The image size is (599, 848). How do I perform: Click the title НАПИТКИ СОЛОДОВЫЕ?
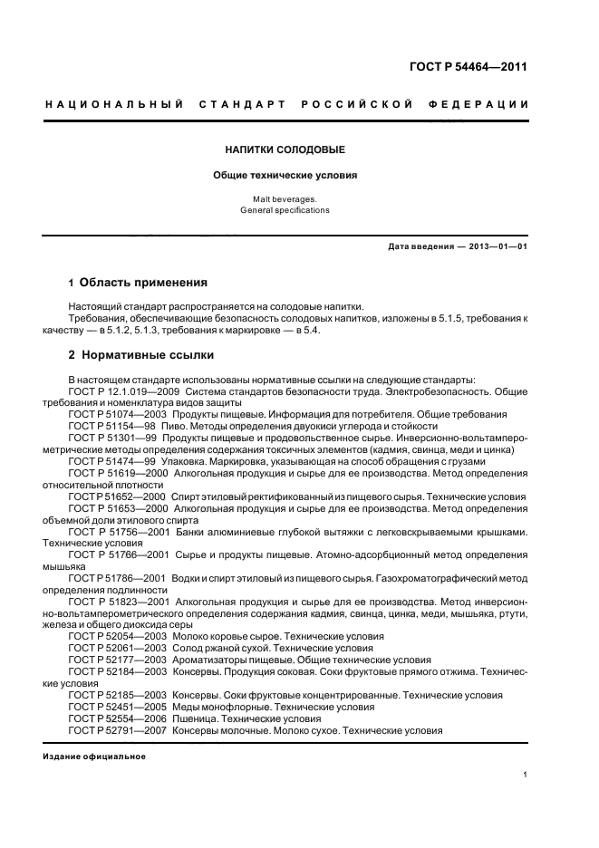pos(285,149)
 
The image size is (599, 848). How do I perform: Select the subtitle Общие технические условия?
pos(285,175)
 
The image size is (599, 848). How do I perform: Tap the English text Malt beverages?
pos(285,198)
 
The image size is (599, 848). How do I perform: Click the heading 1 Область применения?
pos(138,283)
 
